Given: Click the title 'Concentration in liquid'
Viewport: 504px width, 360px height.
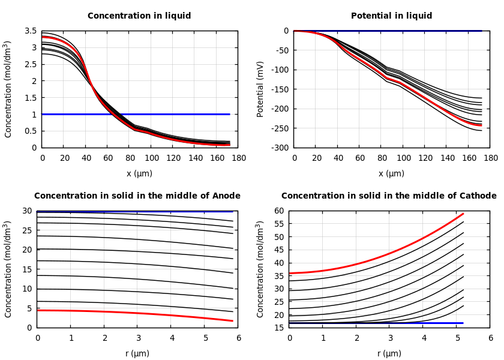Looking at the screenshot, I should tap(139, 16).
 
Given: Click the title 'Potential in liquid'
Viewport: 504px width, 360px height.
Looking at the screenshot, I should tap(391, 16).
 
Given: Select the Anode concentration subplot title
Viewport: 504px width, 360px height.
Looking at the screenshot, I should tap(137, 196).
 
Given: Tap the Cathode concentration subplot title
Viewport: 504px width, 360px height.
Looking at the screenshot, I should tap(389, 196).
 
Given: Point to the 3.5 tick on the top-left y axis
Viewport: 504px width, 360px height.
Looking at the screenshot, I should tap(31, 31).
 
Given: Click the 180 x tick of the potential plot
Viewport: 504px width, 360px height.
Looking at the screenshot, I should tap(490, 158).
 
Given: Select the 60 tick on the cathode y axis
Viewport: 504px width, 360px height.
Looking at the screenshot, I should tap(279, 211).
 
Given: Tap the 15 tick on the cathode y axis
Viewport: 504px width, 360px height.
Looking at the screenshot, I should tap(279, 328).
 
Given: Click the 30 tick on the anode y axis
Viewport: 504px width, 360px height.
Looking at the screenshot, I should tap(27, 211).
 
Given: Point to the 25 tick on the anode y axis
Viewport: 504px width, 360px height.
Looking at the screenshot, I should tap(27, 230).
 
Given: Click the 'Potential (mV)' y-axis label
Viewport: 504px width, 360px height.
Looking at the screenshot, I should tap(260, 89).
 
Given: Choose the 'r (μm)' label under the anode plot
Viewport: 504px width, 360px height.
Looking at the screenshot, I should tap(137, 353).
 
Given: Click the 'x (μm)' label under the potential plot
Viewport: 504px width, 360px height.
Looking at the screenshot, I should tap(391, 173).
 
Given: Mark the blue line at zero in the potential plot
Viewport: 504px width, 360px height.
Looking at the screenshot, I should tap(420, 31).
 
